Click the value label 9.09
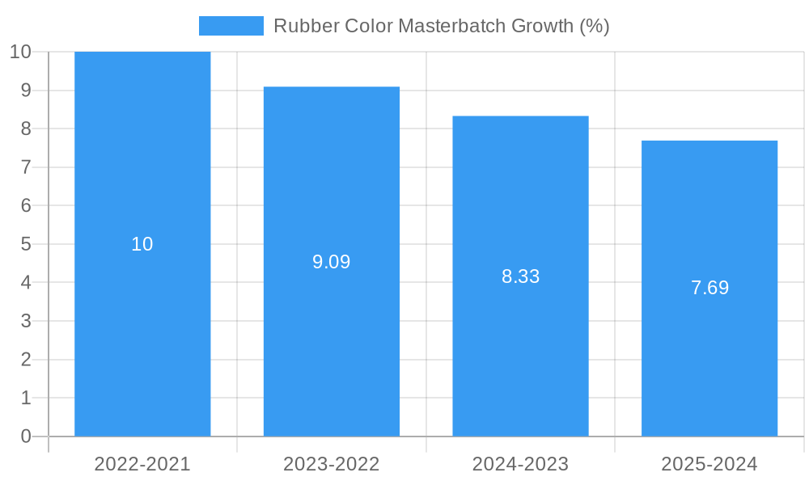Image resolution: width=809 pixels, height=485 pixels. point(332,262)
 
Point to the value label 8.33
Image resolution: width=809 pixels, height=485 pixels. point(520,276)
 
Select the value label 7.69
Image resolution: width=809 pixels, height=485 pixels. point(709,288)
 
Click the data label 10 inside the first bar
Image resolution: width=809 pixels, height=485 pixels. point(142,244)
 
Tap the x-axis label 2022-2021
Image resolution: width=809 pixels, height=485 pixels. point(142,464)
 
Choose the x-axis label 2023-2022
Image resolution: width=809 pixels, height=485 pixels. point(332,464)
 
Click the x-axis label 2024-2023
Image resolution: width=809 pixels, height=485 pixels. point(520,464)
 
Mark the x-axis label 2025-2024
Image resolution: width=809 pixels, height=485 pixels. point(709,464)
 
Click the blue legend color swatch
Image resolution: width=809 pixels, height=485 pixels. point(231,26)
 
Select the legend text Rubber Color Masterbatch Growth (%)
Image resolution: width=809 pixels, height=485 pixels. point(441,26)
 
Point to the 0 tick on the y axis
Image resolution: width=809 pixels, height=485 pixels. point(25,436)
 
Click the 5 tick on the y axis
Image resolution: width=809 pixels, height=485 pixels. point(25,244)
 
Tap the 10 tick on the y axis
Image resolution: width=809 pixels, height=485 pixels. point(20,52)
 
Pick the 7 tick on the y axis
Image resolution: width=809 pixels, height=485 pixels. point(25,167)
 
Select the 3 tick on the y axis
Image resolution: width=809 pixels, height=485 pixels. point(25,321)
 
